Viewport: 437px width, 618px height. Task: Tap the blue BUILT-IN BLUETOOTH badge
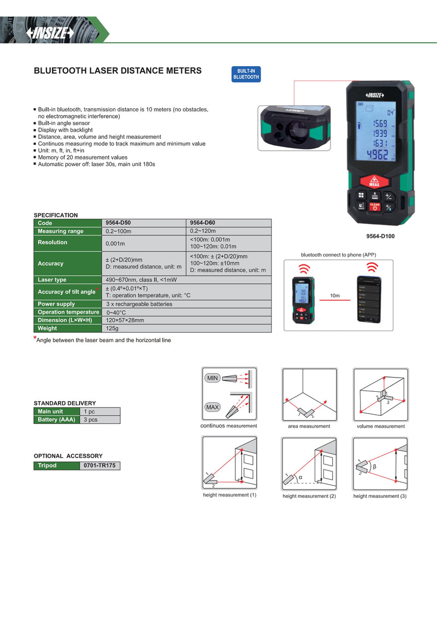coord(246,74)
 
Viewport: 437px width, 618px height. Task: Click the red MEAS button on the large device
coord(374,181)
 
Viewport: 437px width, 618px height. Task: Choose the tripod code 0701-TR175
coord(99,466)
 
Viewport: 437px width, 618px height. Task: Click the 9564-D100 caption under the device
coord(380,236)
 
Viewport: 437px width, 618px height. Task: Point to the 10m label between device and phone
coord(334,296)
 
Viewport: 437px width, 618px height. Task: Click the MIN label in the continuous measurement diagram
coord(212,378)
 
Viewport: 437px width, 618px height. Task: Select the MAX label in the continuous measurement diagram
coord(212,407)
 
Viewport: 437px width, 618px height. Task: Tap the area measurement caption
coord(309,426)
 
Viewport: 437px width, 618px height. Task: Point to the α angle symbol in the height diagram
coord(300,476)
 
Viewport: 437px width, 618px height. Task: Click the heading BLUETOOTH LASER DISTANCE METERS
coord(117,70)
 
